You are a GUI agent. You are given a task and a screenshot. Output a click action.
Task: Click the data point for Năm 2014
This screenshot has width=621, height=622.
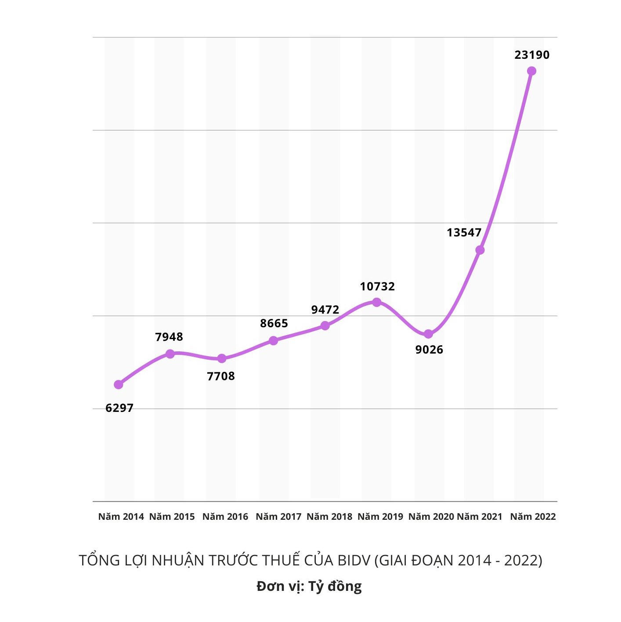pos(118,385)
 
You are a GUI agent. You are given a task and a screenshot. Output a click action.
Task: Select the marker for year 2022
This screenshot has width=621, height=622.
pos(531,71)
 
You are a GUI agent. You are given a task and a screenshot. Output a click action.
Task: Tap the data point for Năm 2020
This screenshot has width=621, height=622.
pos(428,334)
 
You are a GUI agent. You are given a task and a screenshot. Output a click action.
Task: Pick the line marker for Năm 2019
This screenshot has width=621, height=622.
pos(376,302)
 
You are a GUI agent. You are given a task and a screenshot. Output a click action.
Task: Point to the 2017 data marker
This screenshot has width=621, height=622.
pos(273,340)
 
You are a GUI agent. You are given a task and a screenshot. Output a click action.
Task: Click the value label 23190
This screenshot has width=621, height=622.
pos(532,55)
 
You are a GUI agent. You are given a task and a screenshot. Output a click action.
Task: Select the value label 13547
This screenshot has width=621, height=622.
pos(464,232)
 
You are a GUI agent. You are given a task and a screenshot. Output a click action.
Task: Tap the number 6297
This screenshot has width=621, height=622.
pos(119,408)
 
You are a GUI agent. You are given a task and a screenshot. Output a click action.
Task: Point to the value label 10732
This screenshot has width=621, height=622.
pos(377,286)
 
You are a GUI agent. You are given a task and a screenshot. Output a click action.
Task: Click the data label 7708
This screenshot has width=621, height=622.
pos(221,376)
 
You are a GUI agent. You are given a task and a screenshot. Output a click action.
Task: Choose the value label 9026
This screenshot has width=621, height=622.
pos(429,350)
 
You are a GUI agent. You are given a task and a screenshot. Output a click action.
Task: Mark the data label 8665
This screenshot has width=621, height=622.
pos(274,323)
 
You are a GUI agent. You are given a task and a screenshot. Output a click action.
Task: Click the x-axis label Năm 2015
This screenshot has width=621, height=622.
pos(172,517)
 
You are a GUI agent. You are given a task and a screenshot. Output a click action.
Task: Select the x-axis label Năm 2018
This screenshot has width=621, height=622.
pos(329,517)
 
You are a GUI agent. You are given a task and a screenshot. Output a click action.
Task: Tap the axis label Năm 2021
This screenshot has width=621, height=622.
pos(479,517)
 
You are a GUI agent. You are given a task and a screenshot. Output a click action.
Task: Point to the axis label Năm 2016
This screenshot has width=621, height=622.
pos(225,517)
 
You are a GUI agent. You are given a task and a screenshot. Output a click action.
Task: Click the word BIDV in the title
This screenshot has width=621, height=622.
pos(354,561)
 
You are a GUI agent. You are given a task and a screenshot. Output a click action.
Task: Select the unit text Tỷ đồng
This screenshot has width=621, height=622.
pos(335,586)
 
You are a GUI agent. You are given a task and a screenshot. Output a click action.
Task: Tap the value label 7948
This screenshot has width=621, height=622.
pos(169,337)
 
